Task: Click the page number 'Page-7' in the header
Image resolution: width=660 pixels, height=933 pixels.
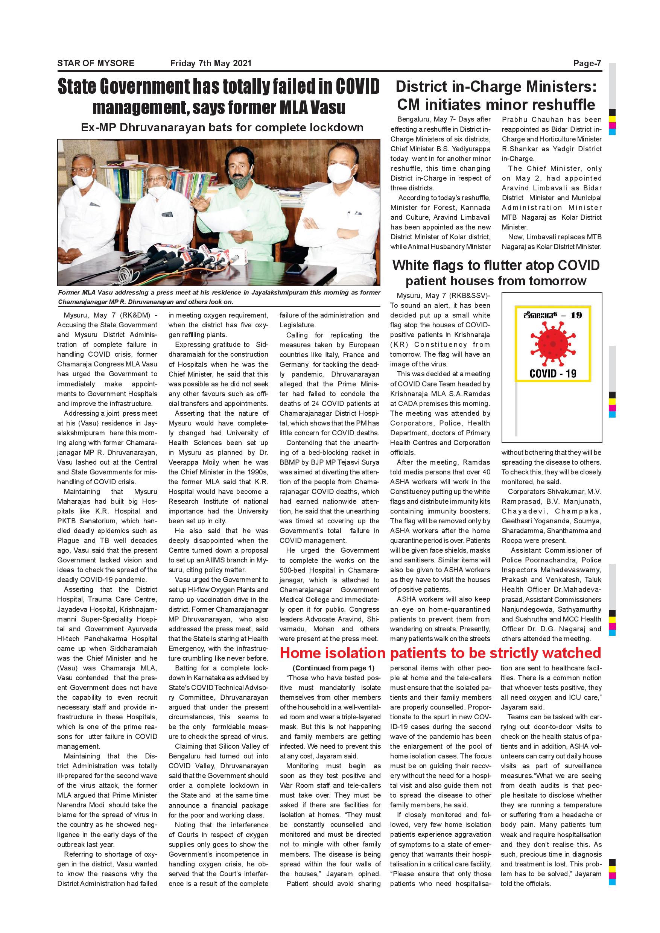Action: pos(587,64)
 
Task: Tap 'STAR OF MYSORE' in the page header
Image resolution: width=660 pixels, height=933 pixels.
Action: pos(96,64)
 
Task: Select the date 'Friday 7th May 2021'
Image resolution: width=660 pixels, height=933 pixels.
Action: pos(210,64)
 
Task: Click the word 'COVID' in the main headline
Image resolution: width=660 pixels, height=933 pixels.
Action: pos(357,87)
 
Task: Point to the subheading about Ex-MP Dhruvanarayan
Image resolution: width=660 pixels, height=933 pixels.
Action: pos(222,128)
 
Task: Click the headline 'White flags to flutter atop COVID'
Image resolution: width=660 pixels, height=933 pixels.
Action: pos(496,265)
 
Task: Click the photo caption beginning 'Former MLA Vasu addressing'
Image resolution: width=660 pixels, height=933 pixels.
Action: pos(219,297)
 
